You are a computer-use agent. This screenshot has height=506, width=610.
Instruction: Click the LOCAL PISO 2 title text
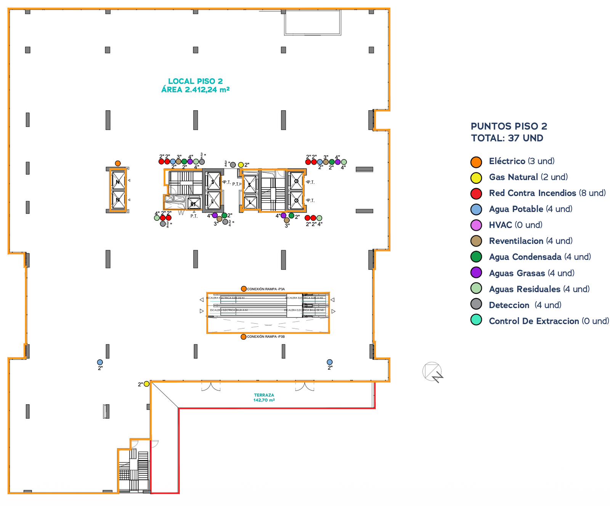point(195,81)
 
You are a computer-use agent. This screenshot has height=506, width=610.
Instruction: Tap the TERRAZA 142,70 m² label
point(264,398)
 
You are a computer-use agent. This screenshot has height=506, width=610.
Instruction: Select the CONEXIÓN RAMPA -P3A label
point(266,289)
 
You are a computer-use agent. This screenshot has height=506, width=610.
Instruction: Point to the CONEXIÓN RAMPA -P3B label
point(266,337)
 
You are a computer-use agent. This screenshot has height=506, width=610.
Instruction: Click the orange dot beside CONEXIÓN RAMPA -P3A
point(244,289)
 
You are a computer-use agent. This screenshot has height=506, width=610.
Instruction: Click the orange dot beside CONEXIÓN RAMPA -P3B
point(243,337)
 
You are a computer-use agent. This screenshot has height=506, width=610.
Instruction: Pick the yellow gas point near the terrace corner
point(146,384)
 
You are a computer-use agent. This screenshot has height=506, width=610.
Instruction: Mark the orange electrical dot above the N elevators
point(118,164)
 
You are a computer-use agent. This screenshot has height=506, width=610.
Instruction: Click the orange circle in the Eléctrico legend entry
point(476,162)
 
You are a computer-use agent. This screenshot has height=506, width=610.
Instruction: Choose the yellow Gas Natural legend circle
point(476,178)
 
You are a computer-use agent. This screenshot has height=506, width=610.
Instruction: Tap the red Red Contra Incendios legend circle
point(476,194)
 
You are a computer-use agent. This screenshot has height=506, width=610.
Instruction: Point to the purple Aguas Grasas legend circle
point(476,273)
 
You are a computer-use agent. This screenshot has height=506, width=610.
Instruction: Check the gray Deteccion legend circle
point(476,304)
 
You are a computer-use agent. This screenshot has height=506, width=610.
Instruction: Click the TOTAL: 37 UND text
point(507,138)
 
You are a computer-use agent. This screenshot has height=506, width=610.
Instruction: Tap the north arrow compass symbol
point(433,372)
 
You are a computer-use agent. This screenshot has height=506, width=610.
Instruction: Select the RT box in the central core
point(194,203)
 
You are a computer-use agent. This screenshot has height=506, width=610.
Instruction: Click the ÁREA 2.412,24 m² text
point(195,90)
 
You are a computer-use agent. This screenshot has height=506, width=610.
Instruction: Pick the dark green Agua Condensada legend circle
point(476,257)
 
